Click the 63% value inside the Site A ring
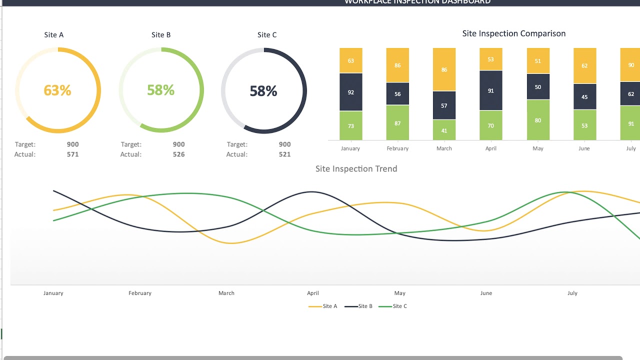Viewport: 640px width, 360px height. [57, 90]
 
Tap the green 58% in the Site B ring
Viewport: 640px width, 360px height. [160, 90]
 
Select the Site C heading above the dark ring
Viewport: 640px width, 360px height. [266, 35]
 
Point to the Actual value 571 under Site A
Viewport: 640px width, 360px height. [72, 154]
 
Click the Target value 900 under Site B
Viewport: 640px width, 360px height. [178, 144]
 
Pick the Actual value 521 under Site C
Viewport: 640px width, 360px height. [284, 154]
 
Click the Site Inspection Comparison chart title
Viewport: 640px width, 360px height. [513, 33]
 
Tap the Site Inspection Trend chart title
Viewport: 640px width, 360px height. [356, 169]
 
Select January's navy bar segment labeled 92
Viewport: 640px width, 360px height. [350, 92]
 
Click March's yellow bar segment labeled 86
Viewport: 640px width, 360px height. [444, 69]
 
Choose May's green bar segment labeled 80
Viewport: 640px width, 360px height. [538, 120]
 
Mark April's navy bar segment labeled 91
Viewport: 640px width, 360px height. [491, 90]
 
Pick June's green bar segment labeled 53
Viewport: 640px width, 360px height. [584, 125]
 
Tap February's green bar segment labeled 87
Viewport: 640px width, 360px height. [397, 123]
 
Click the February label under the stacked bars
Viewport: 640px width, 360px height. [397, 148]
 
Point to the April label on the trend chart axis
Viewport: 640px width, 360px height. [313, 293]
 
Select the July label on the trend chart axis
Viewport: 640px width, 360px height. [572, 293]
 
